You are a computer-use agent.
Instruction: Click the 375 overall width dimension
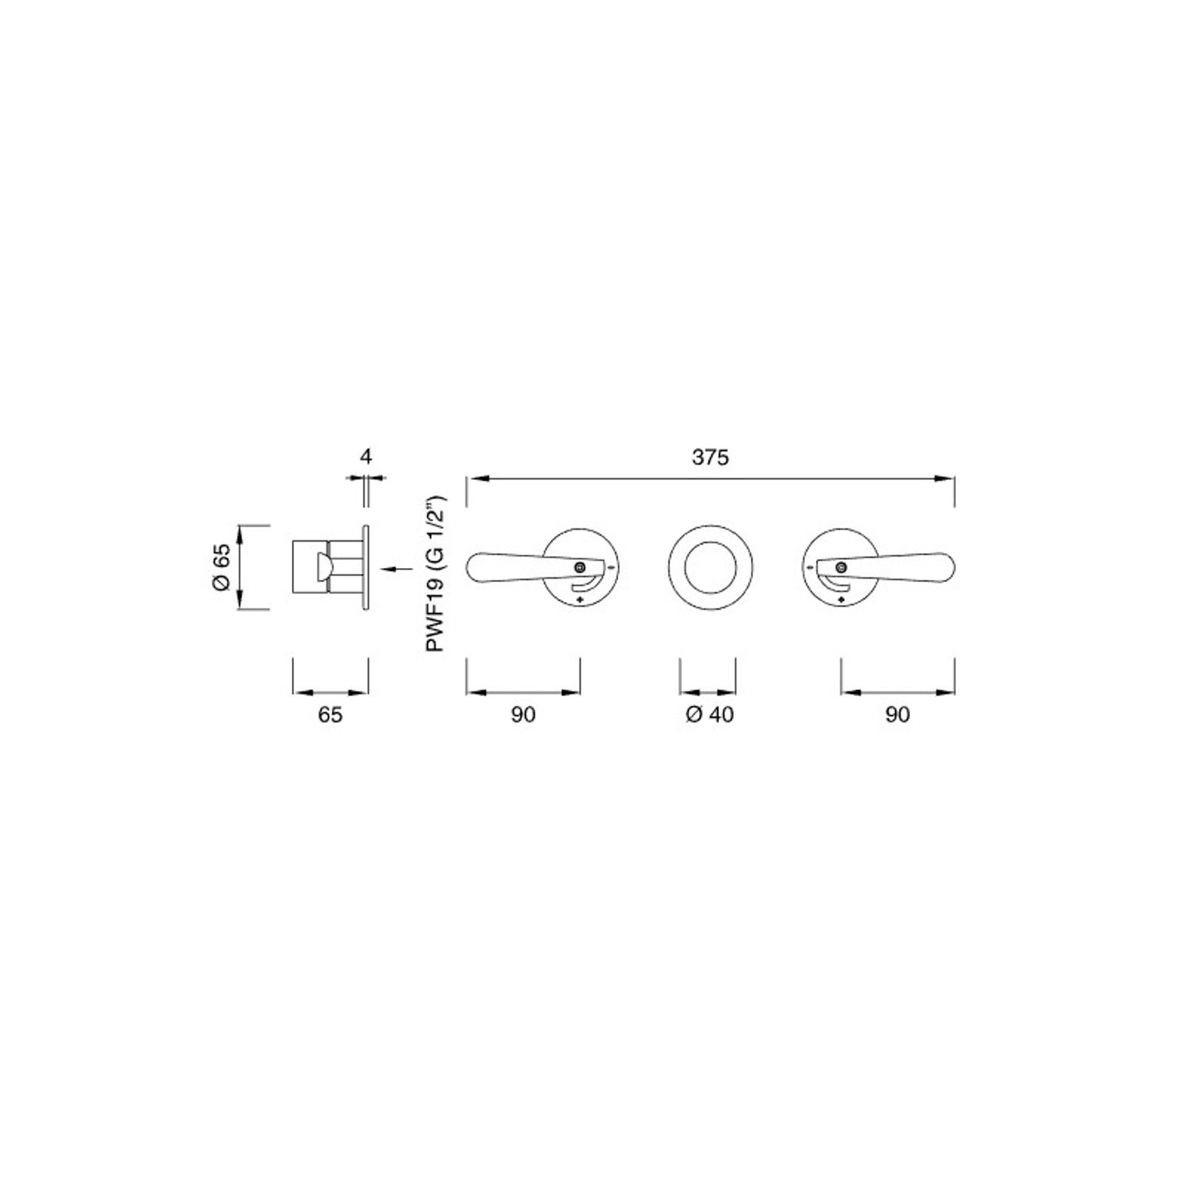point(710,458)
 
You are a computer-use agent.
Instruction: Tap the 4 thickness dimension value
point(365,456)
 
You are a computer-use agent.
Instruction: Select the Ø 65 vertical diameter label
point(221,567)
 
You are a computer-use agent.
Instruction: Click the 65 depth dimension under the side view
point(330,715)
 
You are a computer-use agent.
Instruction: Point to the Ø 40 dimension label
point(710,715)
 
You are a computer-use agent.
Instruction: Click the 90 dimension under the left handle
point(523,715)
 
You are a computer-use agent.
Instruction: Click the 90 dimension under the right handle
point(897,715)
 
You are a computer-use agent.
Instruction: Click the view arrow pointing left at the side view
point(397,568)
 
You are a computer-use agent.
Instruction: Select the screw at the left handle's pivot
point(580,567)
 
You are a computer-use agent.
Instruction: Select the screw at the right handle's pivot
point(841,567)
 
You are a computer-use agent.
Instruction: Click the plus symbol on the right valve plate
point(841,600)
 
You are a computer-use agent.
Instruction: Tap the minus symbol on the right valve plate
point(809,567)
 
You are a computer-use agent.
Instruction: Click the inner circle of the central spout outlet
point(710,567)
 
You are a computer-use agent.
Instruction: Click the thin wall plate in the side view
point(365,567)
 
